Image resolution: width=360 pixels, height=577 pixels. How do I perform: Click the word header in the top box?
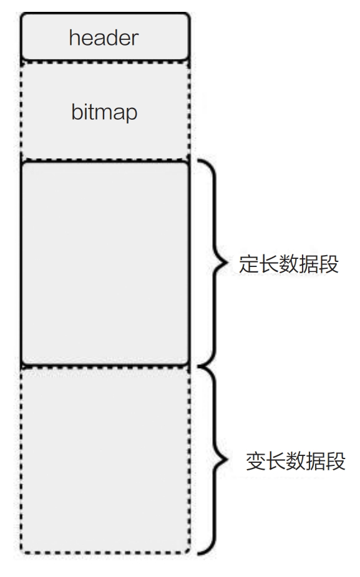click(x=104, y=38)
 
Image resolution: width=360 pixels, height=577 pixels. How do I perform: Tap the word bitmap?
click(x=104, y=112)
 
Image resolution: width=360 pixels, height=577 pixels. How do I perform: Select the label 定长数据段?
click(x=289, y=264)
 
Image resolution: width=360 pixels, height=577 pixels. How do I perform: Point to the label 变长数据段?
click(x=296, y=461)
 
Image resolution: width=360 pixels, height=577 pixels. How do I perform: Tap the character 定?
click(x=249, y=264)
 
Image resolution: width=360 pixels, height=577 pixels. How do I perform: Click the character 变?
click(x=256, y=461)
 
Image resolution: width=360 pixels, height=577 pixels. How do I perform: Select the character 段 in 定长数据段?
click(x=329, y=264)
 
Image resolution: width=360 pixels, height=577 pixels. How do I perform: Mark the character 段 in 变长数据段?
click(x=336, y=461)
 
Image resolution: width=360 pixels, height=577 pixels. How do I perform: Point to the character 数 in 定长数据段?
click(x=289, y=264)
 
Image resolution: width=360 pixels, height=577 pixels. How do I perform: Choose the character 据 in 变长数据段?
click(x=316, y=461)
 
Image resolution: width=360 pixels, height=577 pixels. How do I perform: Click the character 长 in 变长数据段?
click(x=276, y=461)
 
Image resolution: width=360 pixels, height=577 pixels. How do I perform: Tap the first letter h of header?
click(x=74, y=38)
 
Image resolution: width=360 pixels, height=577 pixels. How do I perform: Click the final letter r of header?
click(x=135, y=40)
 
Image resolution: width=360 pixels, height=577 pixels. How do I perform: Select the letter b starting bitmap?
click(x=77, y=112)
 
